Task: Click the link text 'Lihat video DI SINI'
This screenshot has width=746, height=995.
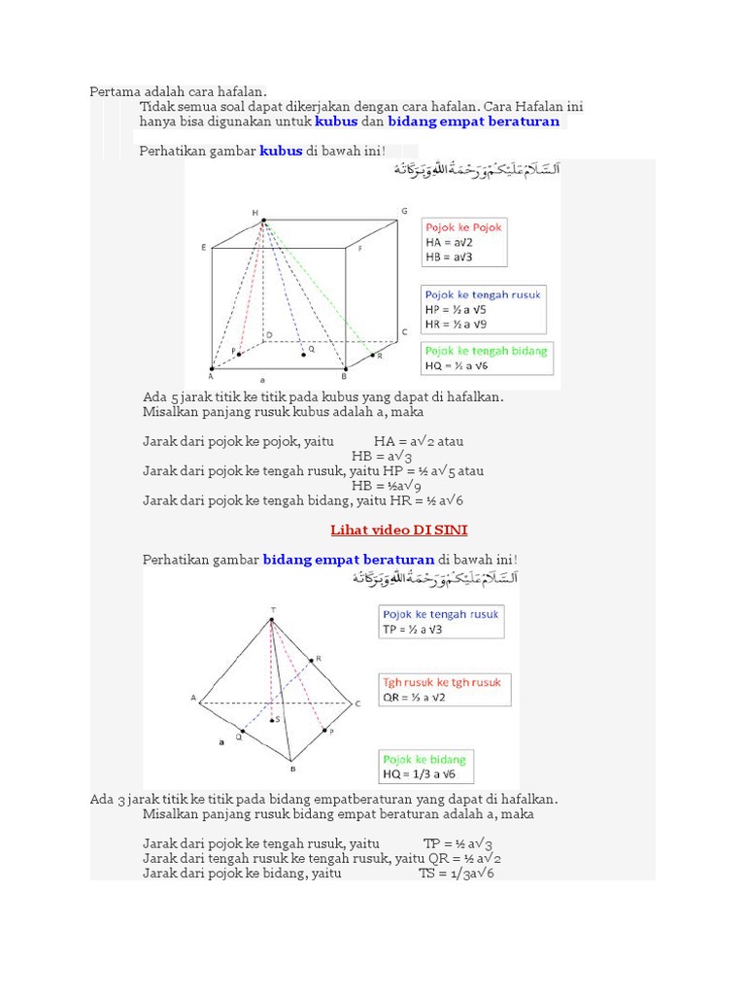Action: coord(399,530)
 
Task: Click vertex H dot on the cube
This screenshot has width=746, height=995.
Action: coord(262,222)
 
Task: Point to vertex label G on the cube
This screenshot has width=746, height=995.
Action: coord(404,211)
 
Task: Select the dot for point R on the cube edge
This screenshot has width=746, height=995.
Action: coord(374,357)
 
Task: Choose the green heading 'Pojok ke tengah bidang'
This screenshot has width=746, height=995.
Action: coord(486,351)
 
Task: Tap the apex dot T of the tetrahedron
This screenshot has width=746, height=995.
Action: coord(272,619)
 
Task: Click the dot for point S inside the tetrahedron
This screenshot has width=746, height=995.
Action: coord(274,720)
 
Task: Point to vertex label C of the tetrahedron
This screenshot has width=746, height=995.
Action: coord(357,703)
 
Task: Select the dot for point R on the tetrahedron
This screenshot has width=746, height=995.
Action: coord(311,661)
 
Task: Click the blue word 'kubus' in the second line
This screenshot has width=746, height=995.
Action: coord(336,122)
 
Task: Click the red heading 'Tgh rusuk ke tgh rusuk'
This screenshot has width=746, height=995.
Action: coord(442,682)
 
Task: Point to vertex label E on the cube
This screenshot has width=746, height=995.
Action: coord(203,248)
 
